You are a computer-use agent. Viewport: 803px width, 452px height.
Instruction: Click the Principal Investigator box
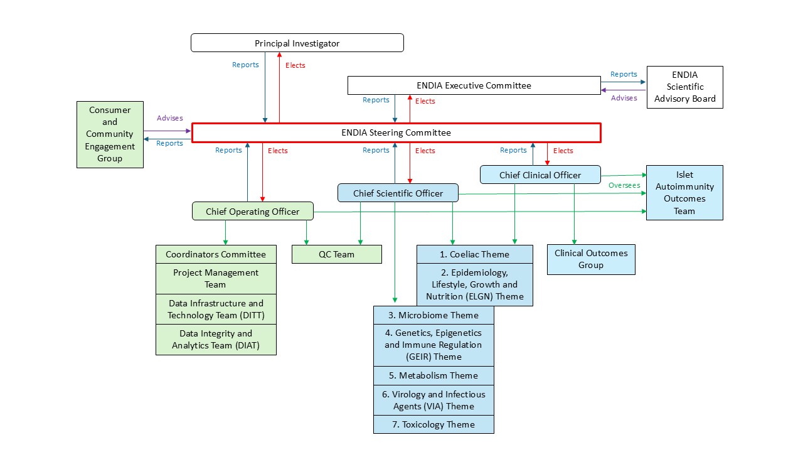pos(297,43)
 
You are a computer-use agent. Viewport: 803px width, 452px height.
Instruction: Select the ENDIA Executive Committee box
pos(474,85)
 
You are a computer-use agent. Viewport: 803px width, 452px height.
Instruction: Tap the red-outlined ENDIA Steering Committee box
pos(396,132)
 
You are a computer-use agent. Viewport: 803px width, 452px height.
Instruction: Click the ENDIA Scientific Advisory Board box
pos(684,87)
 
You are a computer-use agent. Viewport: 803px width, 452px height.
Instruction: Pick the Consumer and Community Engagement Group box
pos(110,134)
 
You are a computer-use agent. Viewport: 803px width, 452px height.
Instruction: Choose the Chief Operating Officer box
pos(252,212)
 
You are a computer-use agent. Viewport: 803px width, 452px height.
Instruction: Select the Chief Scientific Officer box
pos(398,193)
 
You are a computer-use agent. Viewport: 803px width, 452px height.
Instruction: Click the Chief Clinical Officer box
pos(540,175)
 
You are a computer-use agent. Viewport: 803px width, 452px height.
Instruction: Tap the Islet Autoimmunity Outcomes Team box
pos(684,193)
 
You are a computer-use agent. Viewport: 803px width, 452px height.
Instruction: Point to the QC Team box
pos(336,254)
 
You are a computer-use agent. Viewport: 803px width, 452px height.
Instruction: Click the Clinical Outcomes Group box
pos(591,259)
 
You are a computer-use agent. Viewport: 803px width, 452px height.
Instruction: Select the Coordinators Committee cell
pos(216,254)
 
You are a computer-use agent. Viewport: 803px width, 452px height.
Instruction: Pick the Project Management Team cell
pos(216,279)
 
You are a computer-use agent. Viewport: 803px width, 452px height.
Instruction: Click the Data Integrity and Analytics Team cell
pos(216,340)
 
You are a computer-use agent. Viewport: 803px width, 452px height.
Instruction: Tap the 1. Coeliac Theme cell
pos(474,254)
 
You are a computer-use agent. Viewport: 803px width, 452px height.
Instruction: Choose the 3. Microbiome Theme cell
pos(433,315)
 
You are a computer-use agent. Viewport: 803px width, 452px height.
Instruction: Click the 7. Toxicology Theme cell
pos(433,424)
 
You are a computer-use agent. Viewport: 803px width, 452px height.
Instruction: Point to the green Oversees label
pos(624,185)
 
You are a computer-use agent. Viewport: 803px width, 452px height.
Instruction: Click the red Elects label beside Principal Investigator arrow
pos(295,65)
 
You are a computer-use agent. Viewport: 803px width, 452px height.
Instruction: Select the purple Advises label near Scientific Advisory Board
pos(624,98)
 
